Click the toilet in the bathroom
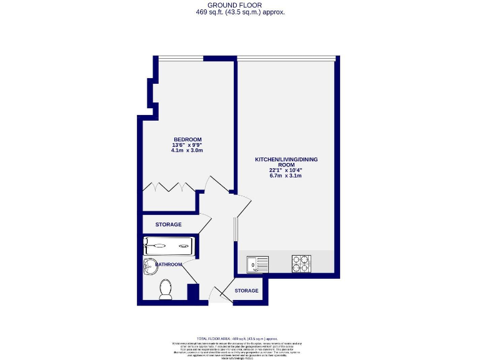pos(166,288)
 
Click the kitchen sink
pos(257,264)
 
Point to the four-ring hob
pos(301,264)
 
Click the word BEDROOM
pos(187,139)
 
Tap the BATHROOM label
pos(169,264)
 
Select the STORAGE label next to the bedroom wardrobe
pos(168,224)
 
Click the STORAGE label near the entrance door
pos(247,291)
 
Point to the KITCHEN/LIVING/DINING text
pos(286,159)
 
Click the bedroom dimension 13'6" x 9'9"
pos(187,145)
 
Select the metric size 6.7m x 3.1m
pos(286,176)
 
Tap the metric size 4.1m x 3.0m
pos(187,151)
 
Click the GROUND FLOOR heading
pos(240,6)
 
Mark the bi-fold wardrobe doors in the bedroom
pos(169,187)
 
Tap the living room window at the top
pos(286,59)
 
